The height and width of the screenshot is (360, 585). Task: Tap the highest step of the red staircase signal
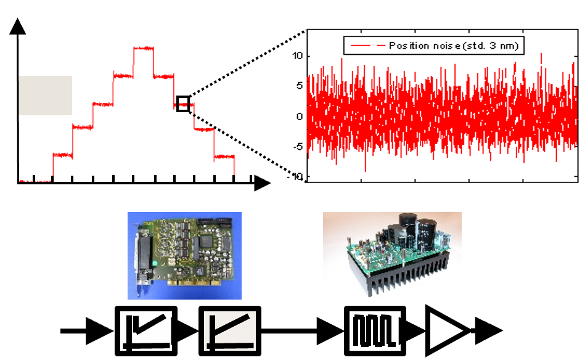pos(143,48)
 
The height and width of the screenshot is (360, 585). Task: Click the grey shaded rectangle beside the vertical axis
pos(46,96)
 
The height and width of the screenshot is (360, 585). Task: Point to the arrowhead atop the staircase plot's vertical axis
pos(17,26)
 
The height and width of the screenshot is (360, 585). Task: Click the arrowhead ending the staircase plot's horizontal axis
pos(262,183)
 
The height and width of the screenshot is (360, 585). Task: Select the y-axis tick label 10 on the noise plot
pos(297,56)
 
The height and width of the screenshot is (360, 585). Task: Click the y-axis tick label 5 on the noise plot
pos(299,86)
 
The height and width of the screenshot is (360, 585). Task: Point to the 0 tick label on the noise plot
pos(299,117)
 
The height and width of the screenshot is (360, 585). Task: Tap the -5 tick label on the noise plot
pos(298,147)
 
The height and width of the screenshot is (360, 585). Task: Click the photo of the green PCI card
pos(184,256)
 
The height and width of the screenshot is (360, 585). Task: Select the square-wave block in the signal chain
pos(375,330)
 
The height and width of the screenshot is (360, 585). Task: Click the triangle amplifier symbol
pos(447,330)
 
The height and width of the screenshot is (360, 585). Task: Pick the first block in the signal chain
pos(146,330)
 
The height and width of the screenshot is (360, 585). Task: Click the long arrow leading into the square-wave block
pos(302,330)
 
